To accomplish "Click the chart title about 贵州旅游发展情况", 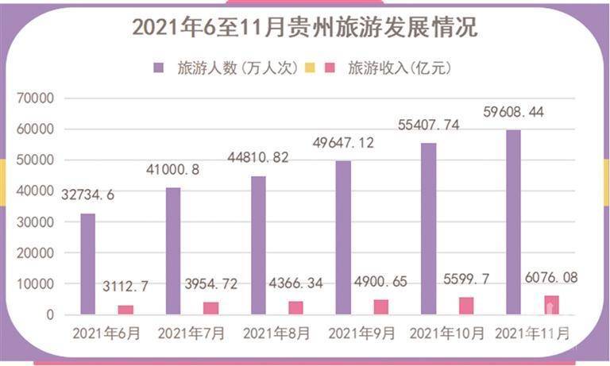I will click(304, 27).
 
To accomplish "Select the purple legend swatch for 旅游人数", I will click(160, 67).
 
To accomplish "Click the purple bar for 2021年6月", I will click(87, 264).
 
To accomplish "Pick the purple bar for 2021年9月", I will click(343, 237).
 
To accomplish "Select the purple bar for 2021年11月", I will click(513, 222).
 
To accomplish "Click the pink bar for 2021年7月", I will click(210, 308).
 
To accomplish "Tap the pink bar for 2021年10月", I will click(466, 306).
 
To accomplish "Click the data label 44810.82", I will click(257, 158).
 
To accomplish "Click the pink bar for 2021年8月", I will click(295, 307).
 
